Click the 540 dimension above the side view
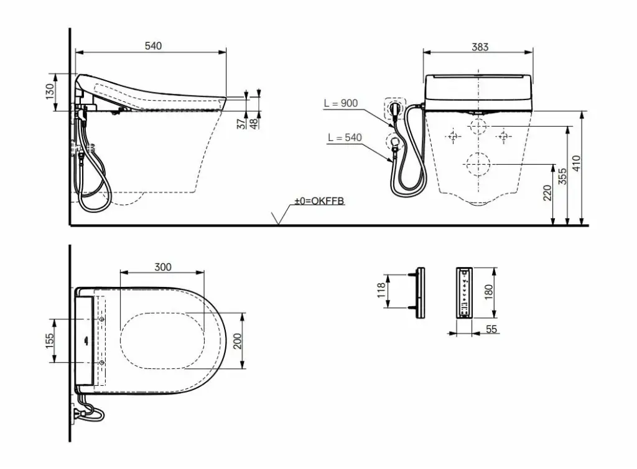coord(153,46)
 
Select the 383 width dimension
coord(480,47)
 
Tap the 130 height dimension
coord(50,91)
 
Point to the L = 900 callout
coord(341,103)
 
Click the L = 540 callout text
coord(345,137)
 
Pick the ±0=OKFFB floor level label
coord(319,201)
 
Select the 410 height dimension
coord(577,163)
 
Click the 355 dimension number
coord(562,176)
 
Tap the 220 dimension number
coord(547,193)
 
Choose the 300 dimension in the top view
coord(163,267)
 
